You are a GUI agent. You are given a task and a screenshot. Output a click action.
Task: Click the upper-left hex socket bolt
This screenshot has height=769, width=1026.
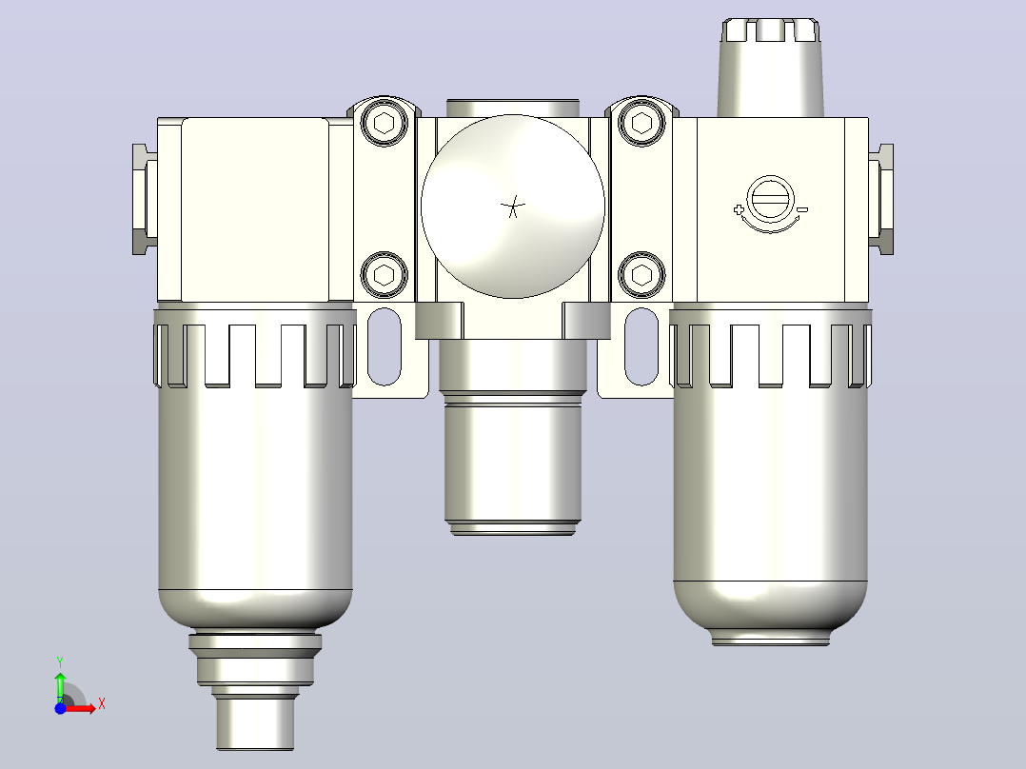(x=385, y=123)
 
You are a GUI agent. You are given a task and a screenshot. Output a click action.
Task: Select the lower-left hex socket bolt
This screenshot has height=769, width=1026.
(x=385, y=275)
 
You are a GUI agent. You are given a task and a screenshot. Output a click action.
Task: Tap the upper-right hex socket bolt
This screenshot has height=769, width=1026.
(x=641, y=123)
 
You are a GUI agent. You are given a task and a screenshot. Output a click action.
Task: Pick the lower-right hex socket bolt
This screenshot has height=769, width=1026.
(x=641, y=275)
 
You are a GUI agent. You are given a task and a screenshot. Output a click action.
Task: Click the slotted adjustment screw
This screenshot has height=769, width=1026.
(x=770, y=199)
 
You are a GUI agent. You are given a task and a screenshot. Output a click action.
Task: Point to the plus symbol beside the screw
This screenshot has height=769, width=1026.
(x=739, y=210)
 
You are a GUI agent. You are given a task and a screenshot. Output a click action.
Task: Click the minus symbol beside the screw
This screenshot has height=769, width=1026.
(x=803, y=209)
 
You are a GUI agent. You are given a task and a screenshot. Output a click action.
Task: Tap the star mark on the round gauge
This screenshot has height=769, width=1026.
(x=513, y=207)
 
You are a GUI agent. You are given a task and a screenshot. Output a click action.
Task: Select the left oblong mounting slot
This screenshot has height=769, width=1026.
(x=385, y=346)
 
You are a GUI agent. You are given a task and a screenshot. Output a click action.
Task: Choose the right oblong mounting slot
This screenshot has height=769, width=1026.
(x=641, y=346)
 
